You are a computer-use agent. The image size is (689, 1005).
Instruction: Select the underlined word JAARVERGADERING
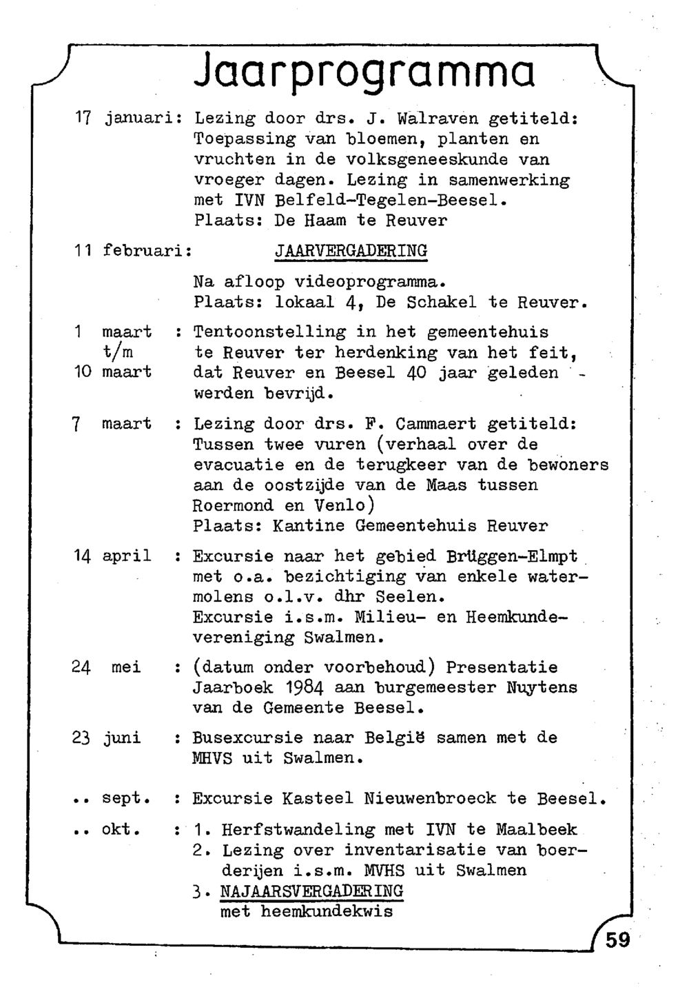click(x=351, y=250)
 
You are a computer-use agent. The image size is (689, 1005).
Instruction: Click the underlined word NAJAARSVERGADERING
click(x=311, y=891)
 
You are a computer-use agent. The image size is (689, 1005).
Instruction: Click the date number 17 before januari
click(x=84, y=119)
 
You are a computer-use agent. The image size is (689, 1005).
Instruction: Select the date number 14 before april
click(x=83, y=556)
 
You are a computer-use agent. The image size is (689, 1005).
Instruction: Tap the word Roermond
click(x=232, y=505)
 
